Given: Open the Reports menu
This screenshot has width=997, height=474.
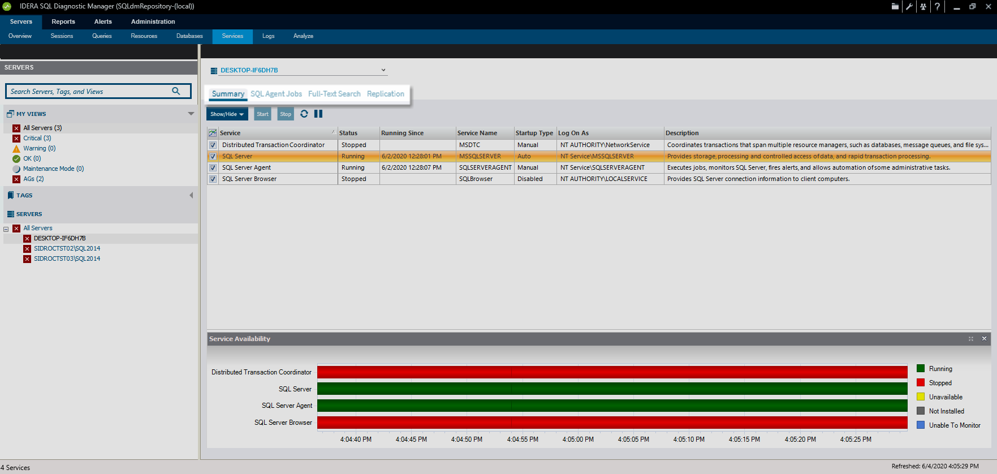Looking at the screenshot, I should [63, 21].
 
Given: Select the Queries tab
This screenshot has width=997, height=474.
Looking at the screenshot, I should [102, 36].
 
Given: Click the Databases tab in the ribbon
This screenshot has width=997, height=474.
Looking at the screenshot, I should [189, 36].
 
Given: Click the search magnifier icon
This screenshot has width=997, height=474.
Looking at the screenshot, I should [176, 91].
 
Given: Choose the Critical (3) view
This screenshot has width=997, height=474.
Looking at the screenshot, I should [37, 138].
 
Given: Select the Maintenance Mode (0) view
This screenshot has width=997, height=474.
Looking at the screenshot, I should [53, 169].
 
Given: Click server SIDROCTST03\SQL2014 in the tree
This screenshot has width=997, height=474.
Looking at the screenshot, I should [67, 258].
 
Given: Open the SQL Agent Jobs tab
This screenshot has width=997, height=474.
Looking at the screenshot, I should [276, 94].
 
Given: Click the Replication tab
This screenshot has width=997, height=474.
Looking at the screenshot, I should [385, 94].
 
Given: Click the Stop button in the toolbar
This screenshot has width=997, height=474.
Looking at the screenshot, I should [286, 114].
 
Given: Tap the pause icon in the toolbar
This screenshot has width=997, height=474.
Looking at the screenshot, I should [318, 114].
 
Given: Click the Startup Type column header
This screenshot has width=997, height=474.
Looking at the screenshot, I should [534, 133].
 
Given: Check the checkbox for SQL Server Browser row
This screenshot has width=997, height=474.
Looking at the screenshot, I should [213, 179].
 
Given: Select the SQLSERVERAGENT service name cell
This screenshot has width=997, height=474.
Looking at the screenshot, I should [485, 167].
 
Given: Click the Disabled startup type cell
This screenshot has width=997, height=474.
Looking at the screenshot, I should [530, 179].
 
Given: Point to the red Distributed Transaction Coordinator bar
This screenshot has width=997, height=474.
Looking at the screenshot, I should [612, 372].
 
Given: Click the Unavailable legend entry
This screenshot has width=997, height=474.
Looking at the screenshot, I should [945, 397].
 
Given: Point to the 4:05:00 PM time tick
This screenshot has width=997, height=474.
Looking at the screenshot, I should [578, 439].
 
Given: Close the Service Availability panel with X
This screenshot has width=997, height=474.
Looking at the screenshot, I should [984, 339].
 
